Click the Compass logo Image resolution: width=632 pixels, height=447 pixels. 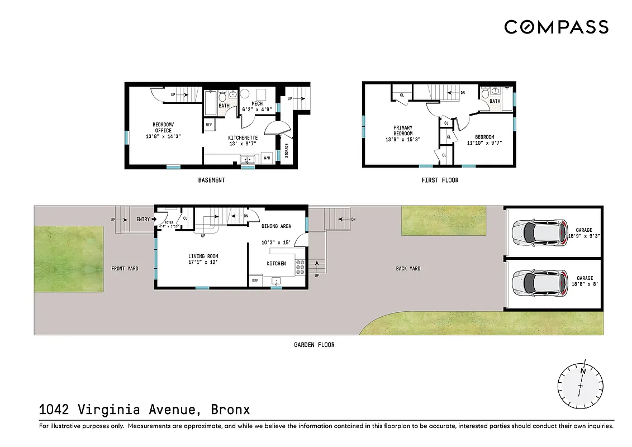point(556,27)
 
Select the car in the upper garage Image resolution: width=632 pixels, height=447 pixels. point(537,232)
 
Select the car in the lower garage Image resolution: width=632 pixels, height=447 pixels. point(537,283)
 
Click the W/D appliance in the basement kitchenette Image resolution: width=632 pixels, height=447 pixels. point(267,159)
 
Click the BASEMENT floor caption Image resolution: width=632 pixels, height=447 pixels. point(212,180)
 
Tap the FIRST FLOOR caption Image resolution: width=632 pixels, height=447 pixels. point(440,180)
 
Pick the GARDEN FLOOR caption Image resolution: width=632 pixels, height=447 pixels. point(314,345)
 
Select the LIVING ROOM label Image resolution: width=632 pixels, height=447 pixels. point(203,259)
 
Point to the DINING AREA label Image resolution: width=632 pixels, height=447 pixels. point(277,226)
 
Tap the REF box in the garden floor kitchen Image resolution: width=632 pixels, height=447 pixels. point(255,281)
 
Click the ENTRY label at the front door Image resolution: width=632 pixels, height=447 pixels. point(143,220)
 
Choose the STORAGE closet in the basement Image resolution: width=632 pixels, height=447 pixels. point(287,151)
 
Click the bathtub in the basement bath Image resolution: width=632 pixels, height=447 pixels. point(210,103)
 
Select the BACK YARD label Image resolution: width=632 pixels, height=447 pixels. point(408,269)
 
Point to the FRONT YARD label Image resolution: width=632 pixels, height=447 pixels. point(125,269)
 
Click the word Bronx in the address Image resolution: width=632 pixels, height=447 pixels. point(230,410)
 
